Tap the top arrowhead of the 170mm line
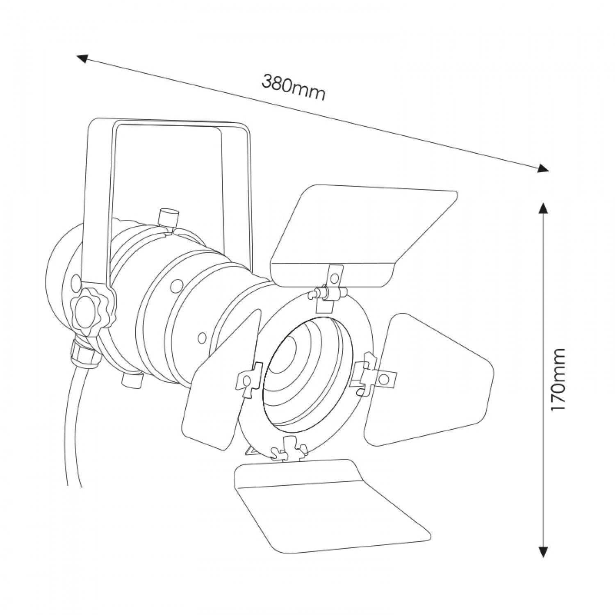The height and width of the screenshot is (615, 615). click(x=543, y=208)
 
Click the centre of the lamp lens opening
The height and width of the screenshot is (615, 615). click(x=305, y=371)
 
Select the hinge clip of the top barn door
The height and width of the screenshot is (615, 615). click(x=331, y=287)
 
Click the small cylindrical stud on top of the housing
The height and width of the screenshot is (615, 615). click(x=169, y=219)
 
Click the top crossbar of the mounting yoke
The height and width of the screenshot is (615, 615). click(x=172, y=123)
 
